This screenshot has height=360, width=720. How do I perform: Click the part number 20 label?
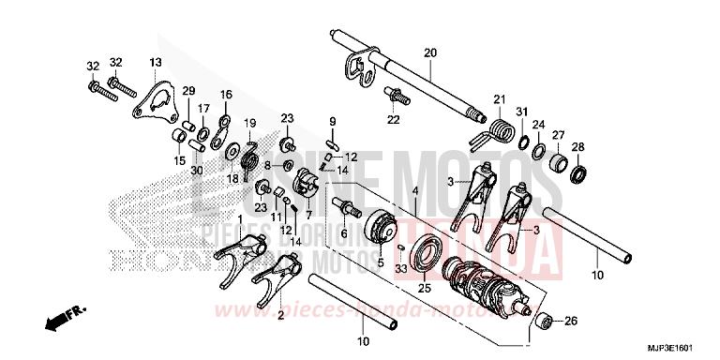coord(430,52)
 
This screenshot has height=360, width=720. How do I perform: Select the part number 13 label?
coord(156,62)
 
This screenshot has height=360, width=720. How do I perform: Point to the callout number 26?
coord(573,322)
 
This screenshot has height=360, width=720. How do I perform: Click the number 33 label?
coord(401,270)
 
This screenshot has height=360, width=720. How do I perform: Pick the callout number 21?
coord(499,99)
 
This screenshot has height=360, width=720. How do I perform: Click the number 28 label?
coord(577,146)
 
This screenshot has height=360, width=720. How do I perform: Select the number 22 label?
coord(393,119)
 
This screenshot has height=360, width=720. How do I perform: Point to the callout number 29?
coord(187,90)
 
